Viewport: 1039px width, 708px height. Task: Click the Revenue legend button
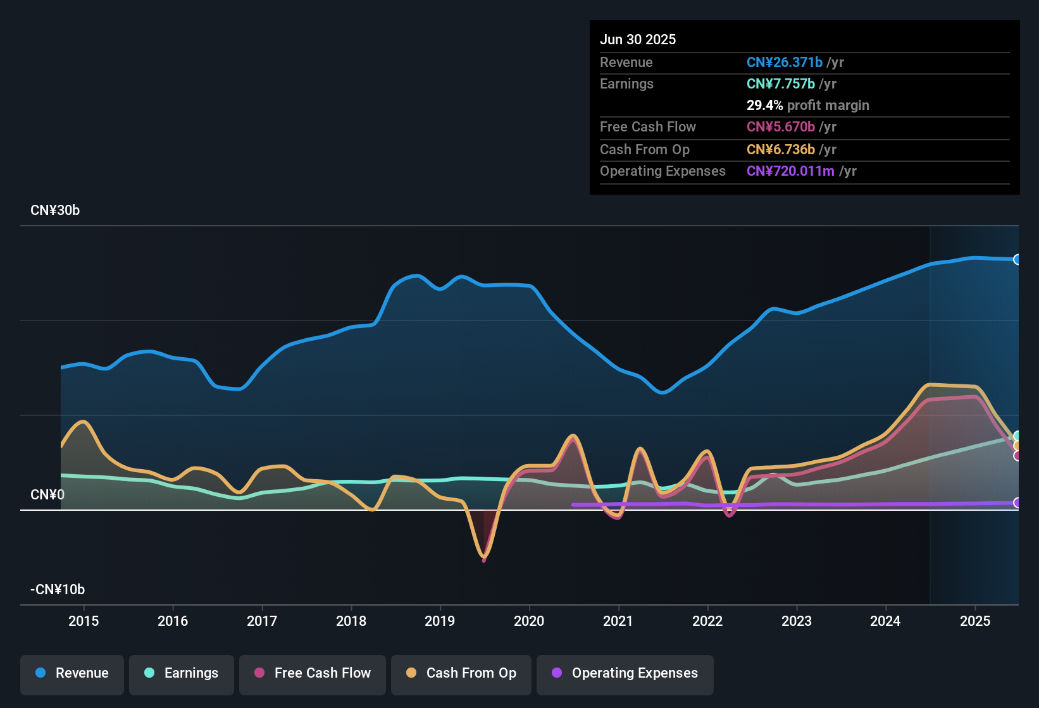pos(72,673)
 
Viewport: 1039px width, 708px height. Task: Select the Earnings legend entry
pos(182,673)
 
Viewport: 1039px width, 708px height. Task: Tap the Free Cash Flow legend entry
pos(313,673)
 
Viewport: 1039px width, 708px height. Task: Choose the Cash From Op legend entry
pos(461,673)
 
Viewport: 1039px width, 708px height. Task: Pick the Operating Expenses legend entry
pos(625,673)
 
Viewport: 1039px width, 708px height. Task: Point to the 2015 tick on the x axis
pos(84,621)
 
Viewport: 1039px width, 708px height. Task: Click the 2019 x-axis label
pos(440,621)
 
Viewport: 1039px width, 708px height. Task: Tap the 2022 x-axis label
pos(707,621)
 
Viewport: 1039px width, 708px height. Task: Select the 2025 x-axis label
pos(975,621)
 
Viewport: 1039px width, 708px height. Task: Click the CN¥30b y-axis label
pos(55,211)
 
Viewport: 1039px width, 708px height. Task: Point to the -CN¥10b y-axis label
pos(58,590)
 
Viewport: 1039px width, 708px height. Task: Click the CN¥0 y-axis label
pos(47,495)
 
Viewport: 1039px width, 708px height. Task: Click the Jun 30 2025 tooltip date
pos(638,40)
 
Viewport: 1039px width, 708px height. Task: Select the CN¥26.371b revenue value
pos(785,63)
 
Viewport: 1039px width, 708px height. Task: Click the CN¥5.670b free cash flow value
pos(781,127)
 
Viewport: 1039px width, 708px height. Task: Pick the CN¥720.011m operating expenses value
pos(790,171)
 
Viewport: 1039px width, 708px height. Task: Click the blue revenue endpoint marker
pos(1017,260)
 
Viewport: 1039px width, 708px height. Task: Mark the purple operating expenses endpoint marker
pos(1017,503)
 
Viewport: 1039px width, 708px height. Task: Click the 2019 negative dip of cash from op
pos(484,557)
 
